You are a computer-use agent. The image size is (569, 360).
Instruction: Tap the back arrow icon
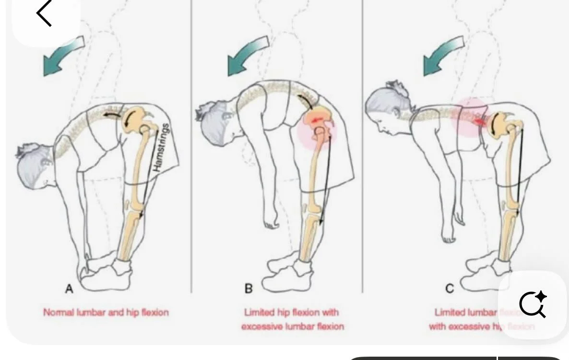pos(44,13)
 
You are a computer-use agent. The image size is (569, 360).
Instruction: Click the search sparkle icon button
pos(533,304)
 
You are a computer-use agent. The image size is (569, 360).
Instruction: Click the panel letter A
pos(69,289)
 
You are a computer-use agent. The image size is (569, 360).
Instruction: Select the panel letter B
pos(249,289)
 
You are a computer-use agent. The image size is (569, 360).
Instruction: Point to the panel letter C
pos(450,289)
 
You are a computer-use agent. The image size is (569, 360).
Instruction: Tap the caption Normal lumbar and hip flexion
pos(106,313)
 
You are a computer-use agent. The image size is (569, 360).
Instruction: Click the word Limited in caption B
pos(260,313)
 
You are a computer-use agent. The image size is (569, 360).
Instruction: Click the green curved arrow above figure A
pos(63,56)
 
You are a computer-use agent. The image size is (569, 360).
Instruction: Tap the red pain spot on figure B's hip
pos(317,122)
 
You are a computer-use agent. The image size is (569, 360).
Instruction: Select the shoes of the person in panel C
pos(485,273)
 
